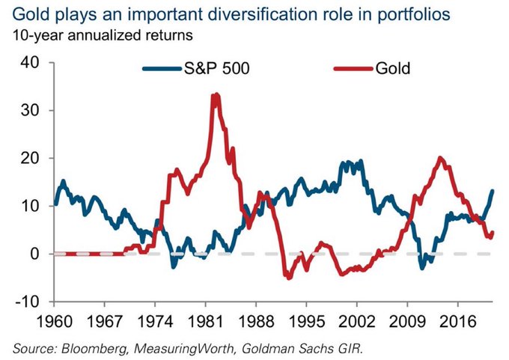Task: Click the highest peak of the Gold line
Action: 216,95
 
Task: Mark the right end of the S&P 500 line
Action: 493,191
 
